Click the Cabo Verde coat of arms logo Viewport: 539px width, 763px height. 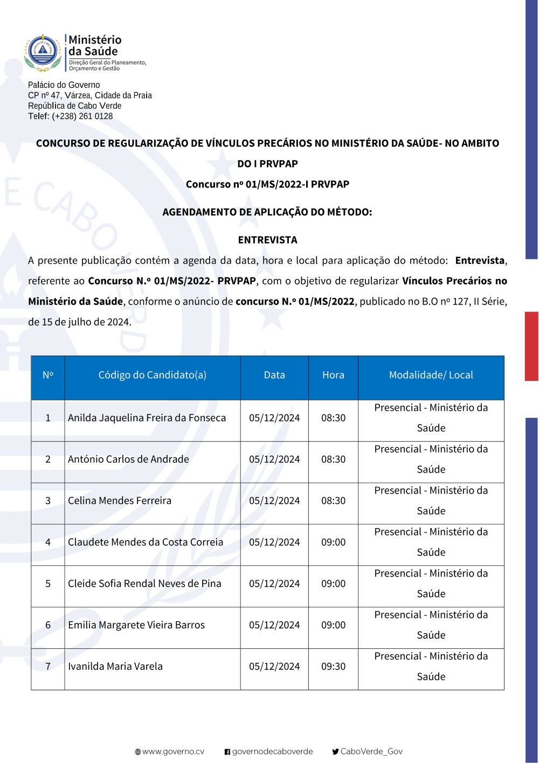[x=43, y=53]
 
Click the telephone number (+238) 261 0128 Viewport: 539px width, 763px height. [x=82, y=116]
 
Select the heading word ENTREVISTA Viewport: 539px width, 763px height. [x=267, y=240]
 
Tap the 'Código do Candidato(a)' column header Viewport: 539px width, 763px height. [x=152, y=375]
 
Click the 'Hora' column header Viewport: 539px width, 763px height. [x=333, y=375]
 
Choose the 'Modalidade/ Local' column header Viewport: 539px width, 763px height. [x=431, y=375]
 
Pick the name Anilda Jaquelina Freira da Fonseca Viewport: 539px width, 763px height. [x=147, y=418]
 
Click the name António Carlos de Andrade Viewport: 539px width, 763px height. [x=128, y=460]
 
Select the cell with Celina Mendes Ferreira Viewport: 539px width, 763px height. [x=120, y=501]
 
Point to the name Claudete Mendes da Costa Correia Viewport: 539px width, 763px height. [x=146, y=543]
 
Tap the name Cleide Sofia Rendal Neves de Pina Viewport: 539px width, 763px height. [x=144, y=584]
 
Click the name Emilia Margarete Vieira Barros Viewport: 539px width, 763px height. [x=136, y=626]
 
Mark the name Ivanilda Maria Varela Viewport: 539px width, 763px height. [x=115, y=667]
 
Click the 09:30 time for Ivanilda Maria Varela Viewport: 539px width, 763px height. [x=333, y=667]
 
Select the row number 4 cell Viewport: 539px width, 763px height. [x=48, y=543]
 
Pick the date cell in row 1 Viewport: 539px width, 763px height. [x=274, y=418]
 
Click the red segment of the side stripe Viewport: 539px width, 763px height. [x=531, y=346]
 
